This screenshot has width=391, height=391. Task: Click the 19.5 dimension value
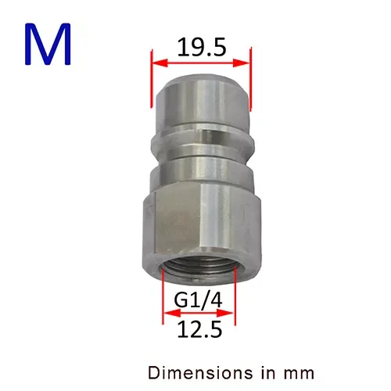[x=200, y=48]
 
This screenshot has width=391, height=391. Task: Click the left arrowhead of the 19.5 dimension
[x=155, y=63]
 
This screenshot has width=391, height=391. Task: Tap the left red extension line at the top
[x=149, y=78]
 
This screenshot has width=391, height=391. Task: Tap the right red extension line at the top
[x=251, y=78]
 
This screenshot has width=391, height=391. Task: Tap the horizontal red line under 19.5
[x=200, y=63]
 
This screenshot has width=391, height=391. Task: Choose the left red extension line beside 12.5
[x=163, y=309]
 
